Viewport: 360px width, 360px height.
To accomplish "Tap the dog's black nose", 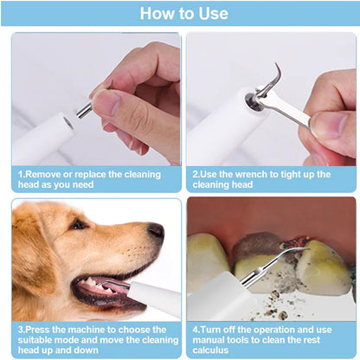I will click(x=156, y=231).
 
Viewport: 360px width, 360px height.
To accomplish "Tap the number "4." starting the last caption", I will click(x=196, y=330).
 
